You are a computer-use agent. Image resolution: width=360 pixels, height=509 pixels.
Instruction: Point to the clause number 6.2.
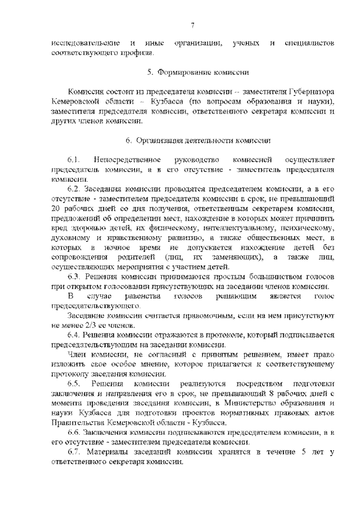pos(74,188)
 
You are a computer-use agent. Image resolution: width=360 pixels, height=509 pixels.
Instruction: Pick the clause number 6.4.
pos(74,335)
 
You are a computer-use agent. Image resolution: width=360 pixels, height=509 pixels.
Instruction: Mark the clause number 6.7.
pos(74,452)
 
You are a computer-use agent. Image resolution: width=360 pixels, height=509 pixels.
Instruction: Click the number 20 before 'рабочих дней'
pos(55,208)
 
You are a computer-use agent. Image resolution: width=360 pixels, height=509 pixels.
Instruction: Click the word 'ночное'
pos(116,247)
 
